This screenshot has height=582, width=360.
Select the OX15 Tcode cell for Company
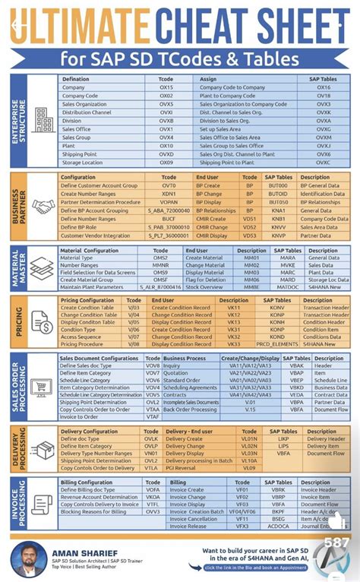pyautogui.click(x=166, y=87)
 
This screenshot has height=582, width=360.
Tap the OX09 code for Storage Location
pyautogui.click(x=166, y=163)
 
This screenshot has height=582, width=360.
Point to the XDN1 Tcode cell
pyautogui.click(x=169, y=194)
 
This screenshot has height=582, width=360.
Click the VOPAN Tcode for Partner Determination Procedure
pyautogui.click(x=169, y=202)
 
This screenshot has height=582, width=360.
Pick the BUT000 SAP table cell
pyautogui.click(x=279, y=185)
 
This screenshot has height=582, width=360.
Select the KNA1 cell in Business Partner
pyautogui.click(x=279, y=210)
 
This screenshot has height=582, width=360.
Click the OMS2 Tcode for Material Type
pyautogui.click(x=161, y=258)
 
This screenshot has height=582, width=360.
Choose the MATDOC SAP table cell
pyautogui.click(x=288, y=287)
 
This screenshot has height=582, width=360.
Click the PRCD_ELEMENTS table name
pyautogui.click(x=278, y=344)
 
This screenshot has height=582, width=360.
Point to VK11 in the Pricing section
pyautogui.click(x=234, y=307)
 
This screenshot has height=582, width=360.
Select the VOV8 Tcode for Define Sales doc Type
pyautogui.click(x=153, y=365)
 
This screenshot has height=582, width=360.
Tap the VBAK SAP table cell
pyautogui.click(x=296, y=365)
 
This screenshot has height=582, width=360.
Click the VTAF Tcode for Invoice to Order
pyautogui.click(x=153, y=416)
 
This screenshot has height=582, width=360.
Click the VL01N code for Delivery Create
pyautogui.click(x=249, y=439)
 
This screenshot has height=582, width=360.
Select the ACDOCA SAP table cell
pyautogui.click(x=279, y=526)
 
